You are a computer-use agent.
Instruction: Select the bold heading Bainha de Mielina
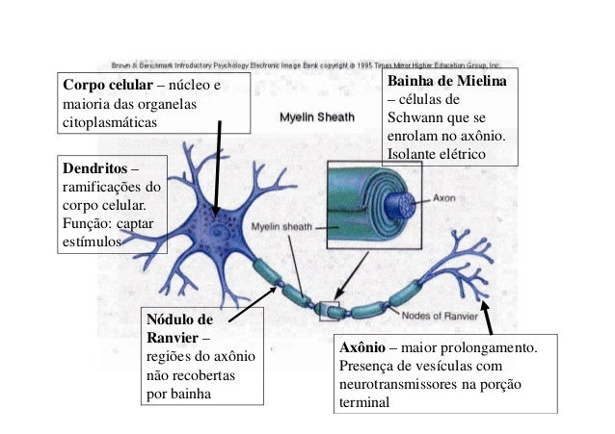pos(445,82)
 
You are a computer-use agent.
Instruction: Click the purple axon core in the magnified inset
pos(406,204)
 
